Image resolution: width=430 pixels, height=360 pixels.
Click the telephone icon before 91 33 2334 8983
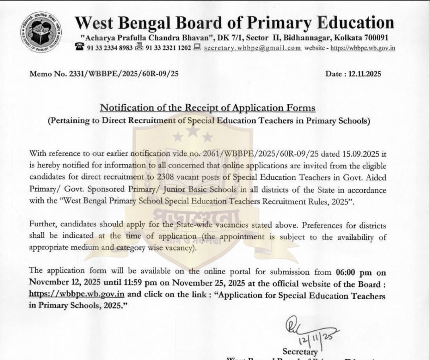[x=80, y=47]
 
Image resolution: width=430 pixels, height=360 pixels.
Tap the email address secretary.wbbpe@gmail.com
[x=252, y=47]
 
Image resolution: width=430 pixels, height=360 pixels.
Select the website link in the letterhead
[x=362, y=47]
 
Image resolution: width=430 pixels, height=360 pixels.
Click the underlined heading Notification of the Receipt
[x=208, y=108]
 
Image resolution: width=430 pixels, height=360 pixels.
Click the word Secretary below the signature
[x=300, y=351]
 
